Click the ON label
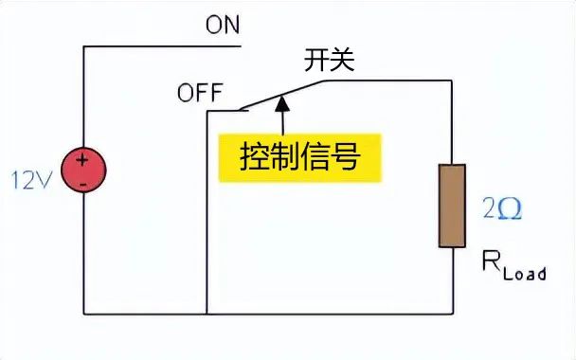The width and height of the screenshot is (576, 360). coord(224,25)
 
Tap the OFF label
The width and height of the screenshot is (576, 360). coord(199,93)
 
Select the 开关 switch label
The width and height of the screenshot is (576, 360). coord(328,61)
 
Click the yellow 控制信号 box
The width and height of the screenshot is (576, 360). coord(300,156)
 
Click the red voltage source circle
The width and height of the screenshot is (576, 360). coord(83,171)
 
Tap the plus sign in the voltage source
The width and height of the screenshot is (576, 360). coord(83,160)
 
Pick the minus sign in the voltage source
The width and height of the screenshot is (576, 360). coord(83,181)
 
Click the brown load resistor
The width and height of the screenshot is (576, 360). coord(452,207)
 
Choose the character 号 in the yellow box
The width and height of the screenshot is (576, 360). coord(347,156)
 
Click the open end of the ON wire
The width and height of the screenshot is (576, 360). coord(242,45)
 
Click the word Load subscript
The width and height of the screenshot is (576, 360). coord(525,273)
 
